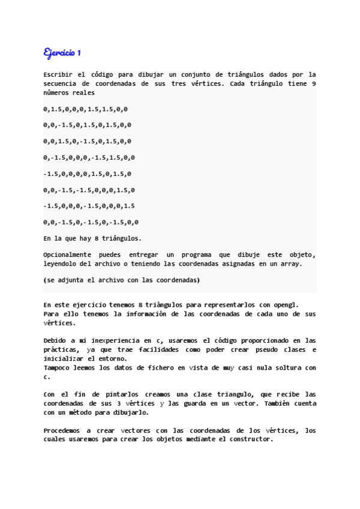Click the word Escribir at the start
58,74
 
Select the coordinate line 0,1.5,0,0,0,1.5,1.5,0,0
85,109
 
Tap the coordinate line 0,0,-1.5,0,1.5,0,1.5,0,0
87,125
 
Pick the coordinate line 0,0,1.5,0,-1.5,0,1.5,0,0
87,141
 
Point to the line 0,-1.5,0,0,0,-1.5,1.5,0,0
89,157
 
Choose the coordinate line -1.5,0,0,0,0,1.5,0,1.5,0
87,173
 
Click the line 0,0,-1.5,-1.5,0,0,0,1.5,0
89,190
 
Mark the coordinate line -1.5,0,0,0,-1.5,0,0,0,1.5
89,206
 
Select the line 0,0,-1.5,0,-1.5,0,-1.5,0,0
89,222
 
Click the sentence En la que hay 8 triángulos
92,238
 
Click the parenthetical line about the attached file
122,280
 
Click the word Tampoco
56,367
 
